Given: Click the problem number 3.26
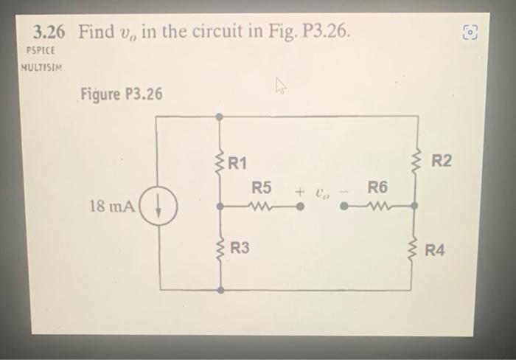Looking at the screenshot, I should pos(49,32).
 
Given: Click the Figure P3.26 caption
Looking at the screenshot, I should pos(122,94).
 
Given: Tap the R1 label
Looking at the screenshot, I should pos(237,161).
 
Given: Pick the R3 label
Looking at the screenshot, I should pos(240,249).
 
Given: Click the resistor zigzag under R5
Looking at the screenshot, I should pos(262,207).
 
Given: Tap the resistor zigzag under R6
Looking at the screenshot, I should pos(376,207).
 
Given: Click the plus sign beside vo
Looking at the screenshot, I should pos(300,193).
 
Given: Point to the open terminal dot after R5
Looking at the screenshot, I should pos(300,207).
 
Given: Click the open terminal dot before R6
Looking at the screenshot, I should pos(344,207).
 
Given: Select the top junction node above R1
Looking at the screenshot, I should pos(219,117).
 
